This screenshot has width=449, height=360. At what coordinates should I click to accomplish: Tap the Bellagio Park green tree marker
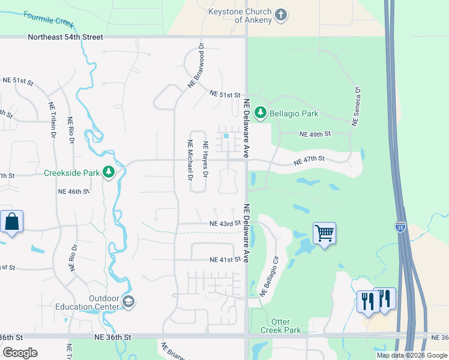coord(261,113)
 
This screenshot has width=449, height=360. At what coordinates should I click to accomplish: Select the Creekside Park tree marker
coord(109,173)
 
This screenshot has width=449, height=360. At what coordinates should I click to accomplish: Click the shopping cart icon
coord(324,232)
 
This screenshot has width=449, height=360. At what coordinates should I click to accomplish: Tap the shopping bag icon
coord(11,221)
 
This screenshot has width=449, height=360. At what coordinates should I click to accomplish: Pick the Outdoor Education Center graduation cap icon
coord(128,301)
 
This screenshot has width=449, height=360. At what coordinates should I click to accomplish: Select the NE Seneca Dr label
coord(356,106)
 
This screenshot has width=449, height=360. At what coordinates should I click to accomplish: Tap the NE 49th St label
coord(315,134)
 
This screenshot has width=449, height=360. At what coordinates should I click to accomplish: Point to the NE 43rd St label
coord(225,224)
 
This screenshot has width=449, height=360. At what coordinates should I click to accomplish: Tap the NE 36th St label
coord(112,337)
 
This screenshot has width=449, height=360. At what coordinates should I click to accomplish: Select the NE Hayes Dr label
coord(205,159)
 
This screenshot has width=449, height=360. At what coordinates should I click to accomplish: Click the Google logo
coord(20,353)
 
